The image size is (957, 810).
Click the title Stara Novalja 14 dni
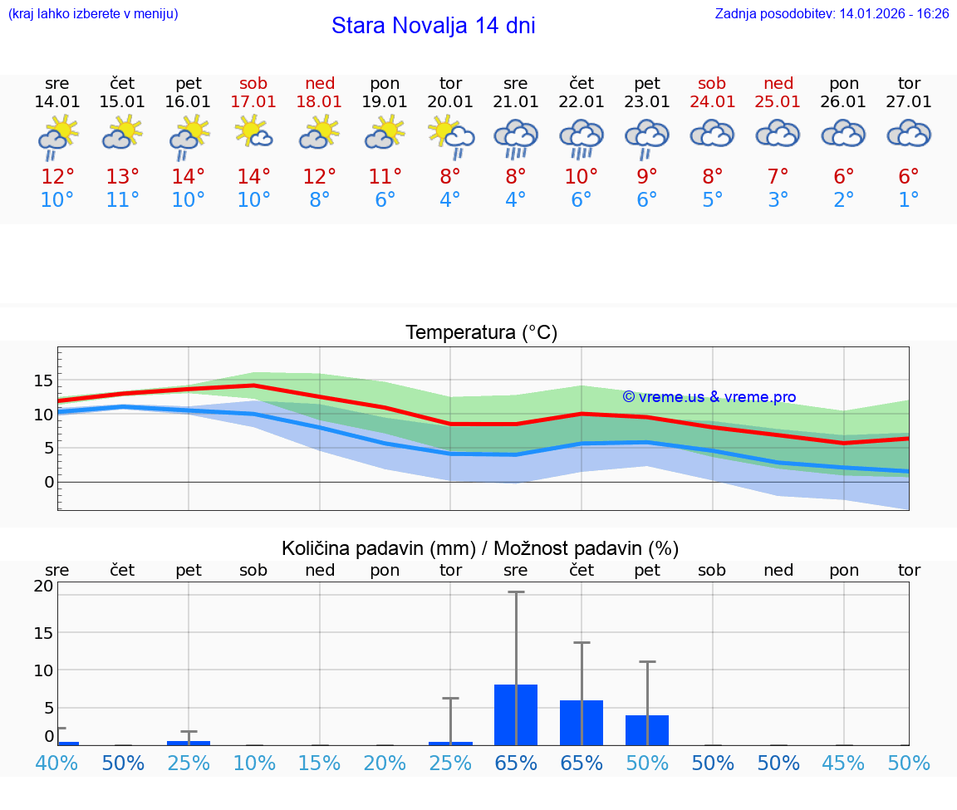(433, 26)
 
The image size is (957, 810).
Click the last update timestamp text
(832, 14)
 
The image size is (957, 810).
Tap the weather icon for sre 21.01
(516, 137)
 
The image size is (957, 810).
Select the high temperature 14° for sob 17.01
(254, 177)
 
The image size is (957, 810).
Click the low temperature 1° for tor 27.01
(909, 200)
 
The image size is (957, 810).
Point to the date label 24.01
(712, 102)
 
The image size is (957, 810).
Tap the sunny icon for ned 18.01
(320, 133)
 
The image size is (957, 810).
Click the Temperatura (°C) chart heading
(481, 333)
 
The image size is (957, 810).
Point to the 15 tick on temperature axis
(43, 380)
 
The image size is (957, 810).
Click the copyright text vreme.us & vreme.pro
(709, 397)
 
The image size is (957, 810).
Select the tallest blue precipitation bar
(516, 715)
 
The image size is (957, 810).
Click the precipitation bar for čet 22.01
(582, 723)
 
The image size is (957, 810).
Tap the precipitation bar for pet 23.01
(647, 730)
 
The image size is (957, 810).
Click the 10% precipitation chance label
(254, 763)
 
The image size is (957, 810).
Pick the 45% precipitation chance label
(844, 763)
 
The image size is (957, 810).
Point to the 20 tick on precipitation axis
(43, 586)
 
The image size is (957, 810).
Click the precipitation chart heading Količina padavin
(480, 548)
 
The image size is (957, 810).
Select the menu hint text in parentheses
(92, 14)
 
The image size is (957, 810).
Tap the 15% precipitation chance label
(320, 763)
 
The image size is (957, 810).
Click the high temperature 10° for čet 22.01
(582, 177)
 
